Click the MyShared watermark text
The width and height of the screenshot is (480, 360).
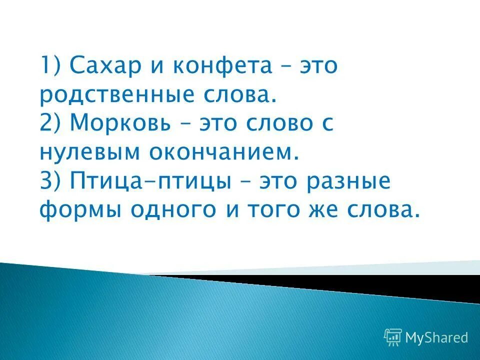(x=436, y=337)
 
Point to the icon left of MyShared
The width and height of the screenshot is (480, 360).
(x=393, y=337)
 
